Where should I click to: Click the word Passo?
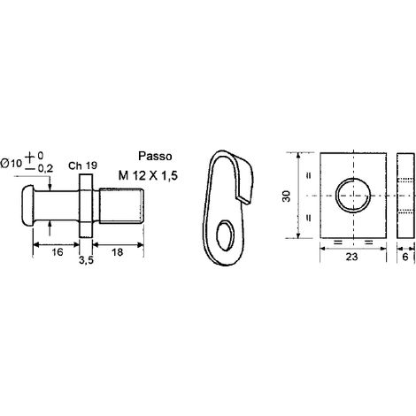(155, 156)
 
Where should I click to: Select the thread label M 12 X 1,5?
(148, 176)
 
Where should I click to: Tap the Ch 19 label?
(82, 166)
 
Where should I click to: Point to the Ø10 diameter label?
(12, 163)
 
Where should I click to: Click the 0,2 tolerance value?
(45, 169)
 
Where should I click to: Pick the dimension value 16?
(58, 252)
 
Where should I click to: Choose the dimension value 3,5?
(86, 260)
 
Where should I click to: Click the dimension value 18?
(118, 252)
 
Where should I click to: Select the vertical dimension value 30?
(287, 196)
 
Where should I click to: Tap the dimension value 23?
(351, 257)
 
